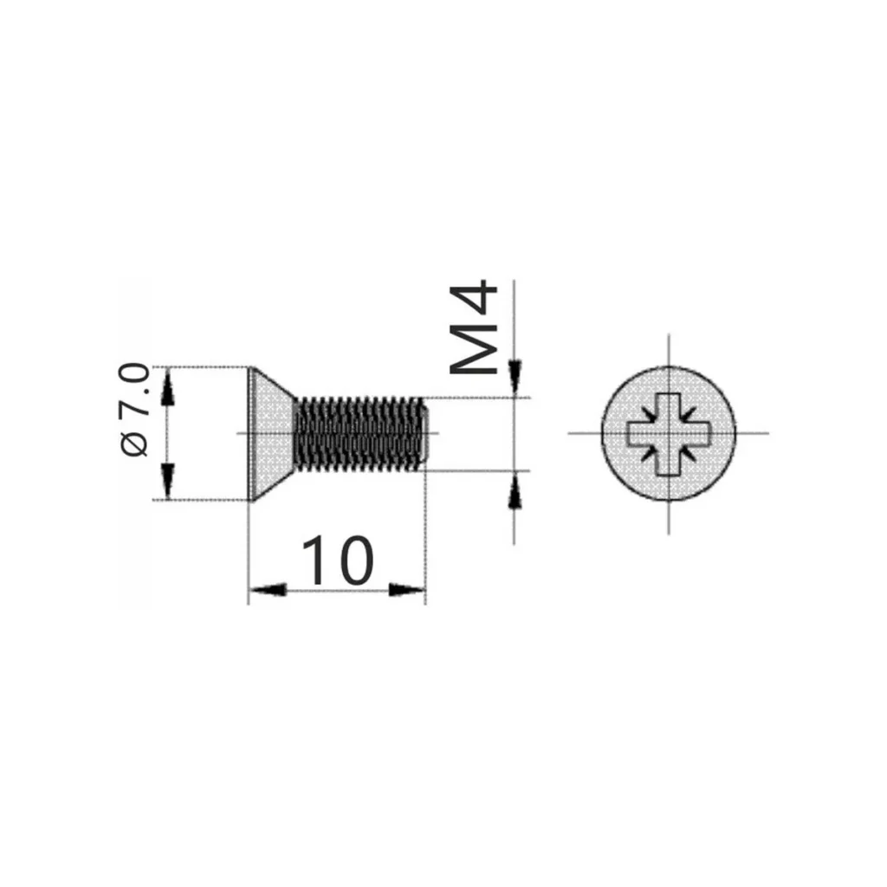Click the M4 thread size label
(475, 328)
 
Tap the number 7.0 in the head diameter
(135, 392)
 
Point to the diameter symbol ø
(135, 444)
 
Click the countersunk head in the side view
(270, 433)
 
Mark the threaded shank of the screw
(359, 433)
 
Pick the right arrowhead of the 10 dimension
(407, 591)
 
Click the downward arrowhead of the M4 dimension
(515, 378)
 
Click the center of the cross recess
(669, 433)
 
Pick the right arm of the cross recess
(698, 433)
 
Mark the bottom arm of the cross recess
(669, 462)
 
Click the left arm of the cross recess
(640, 433)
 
